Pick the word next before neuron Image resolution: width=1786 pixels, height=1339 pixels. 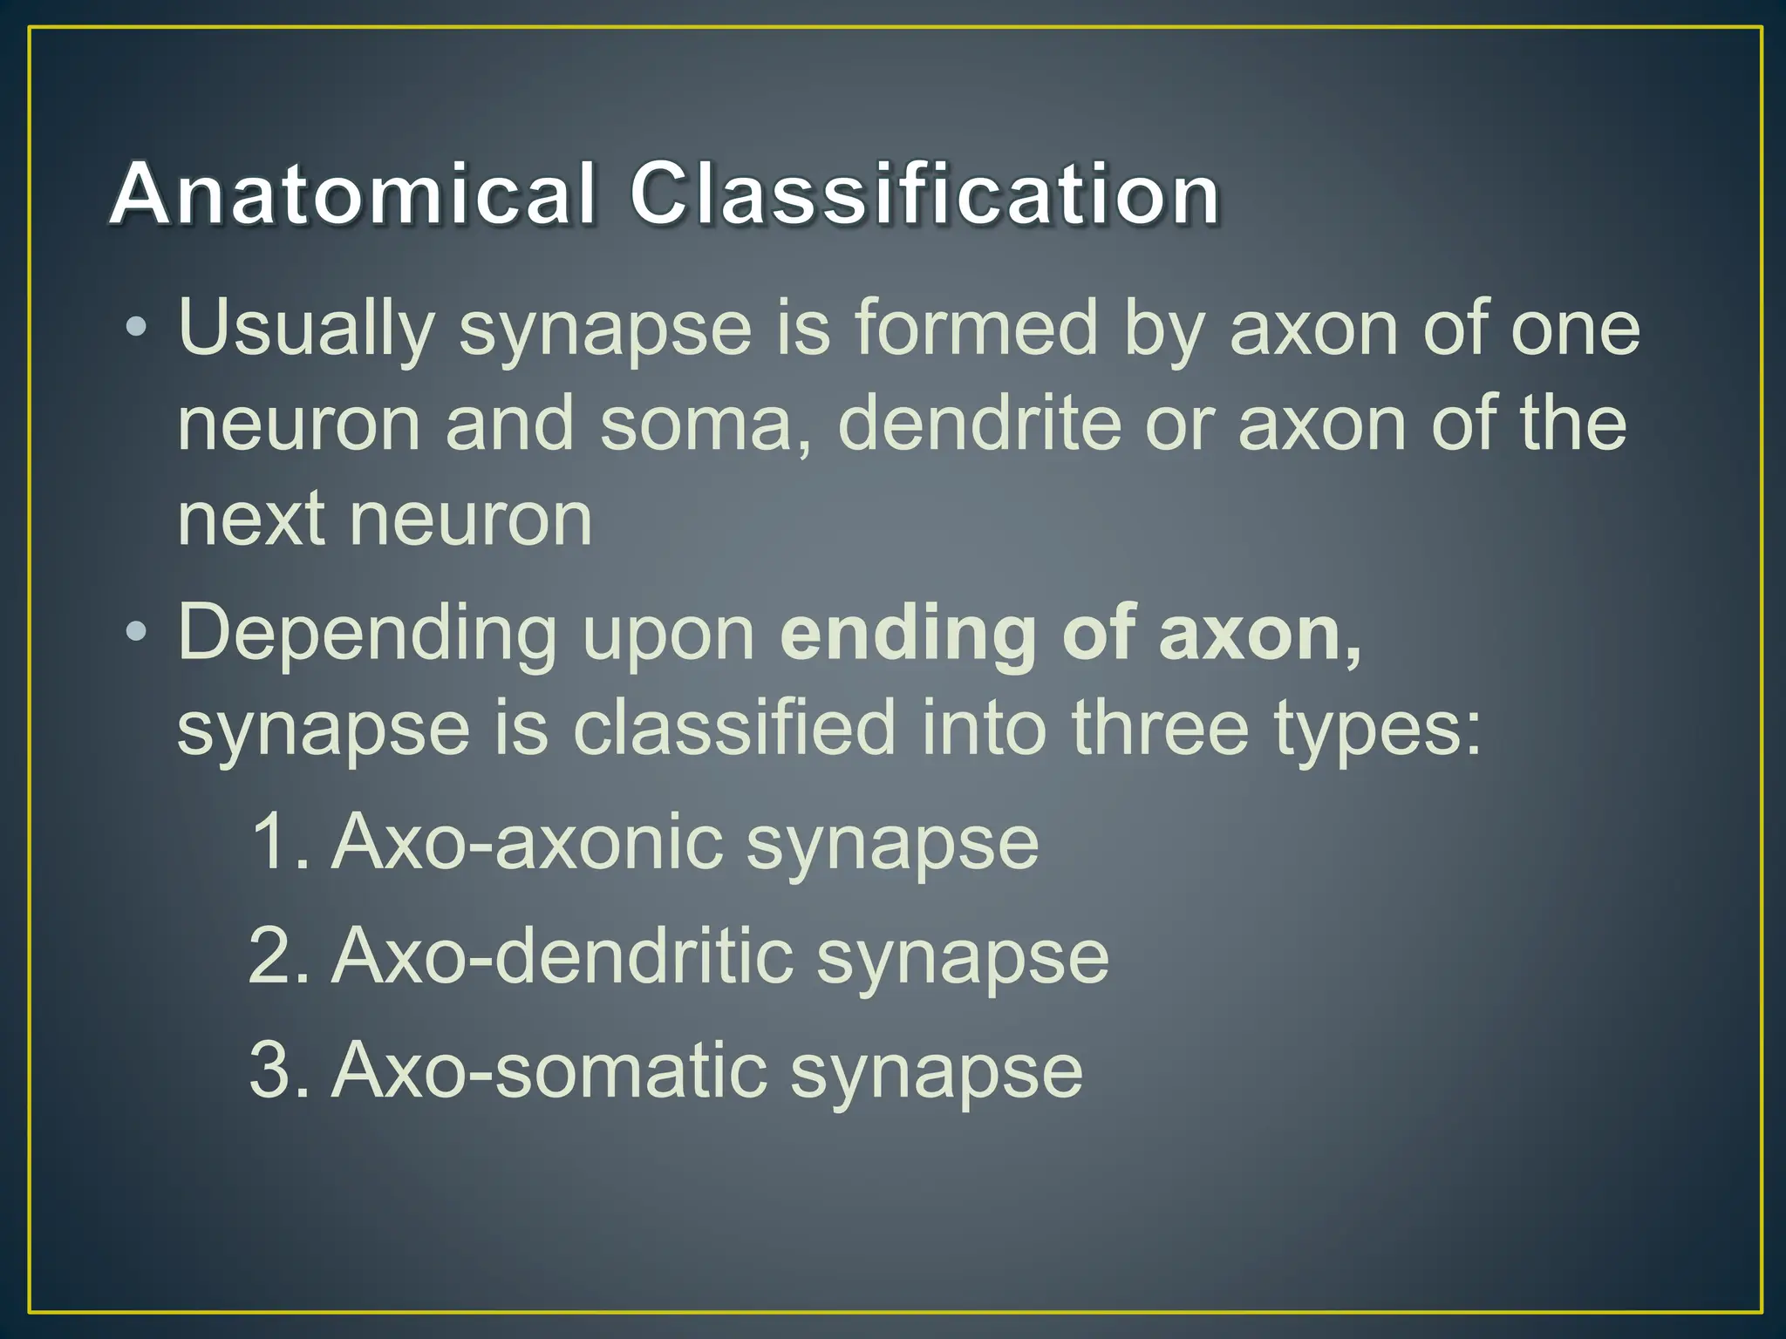(x=250, y=520)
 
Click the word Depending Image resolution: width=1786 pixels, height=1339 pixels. (x=367, y=635)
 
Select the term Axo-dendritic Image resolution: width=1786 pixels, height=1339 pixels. (x=562, y=956)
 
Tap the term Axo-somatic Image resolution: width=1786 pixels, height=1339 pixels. (x=549, y=1070)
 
